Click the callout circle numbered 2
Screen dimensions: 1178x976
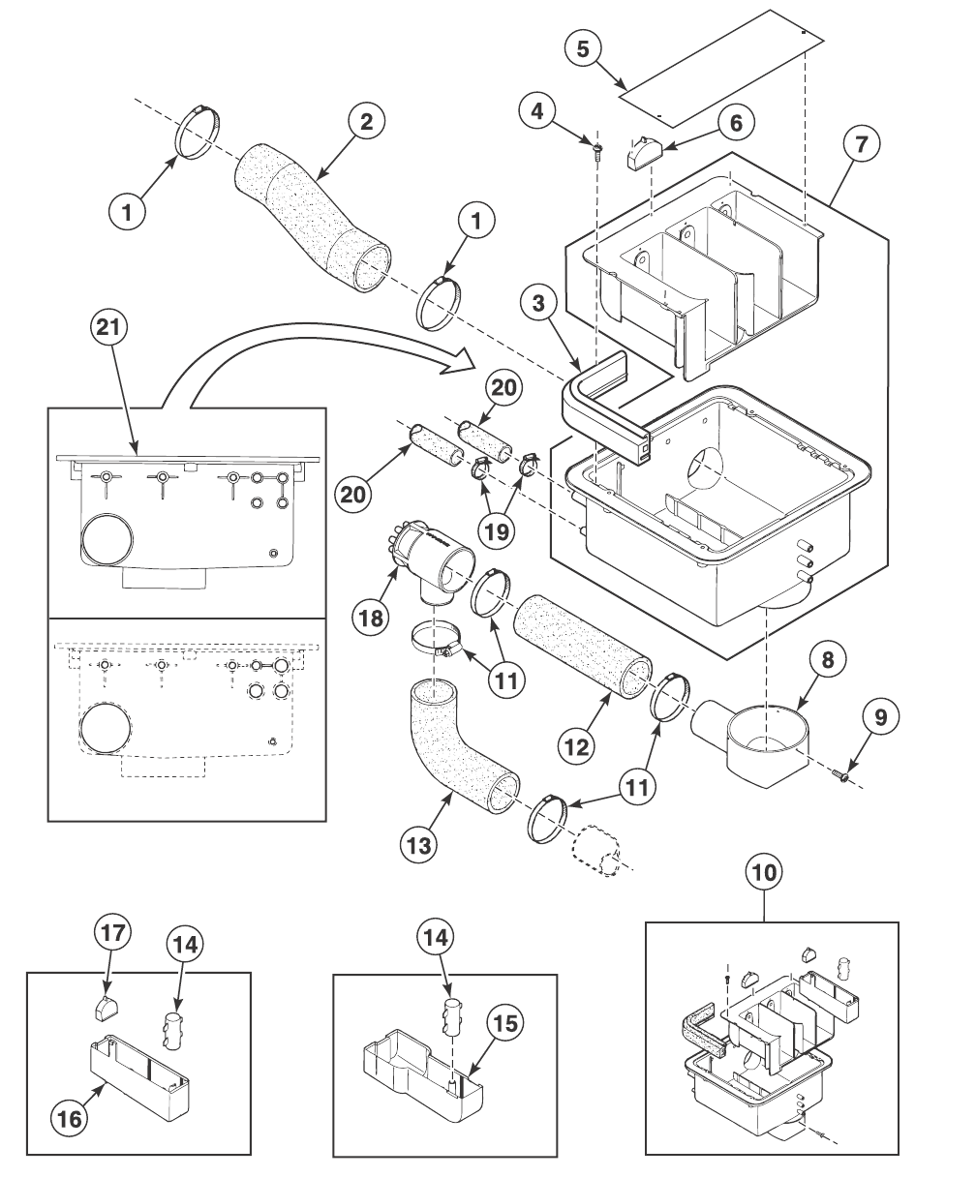366,122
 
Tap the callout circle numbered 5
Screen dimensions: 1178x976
583,50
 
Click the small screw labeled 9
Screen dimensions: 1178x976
845,775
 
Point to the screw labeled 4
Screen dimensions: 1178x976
597,146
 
